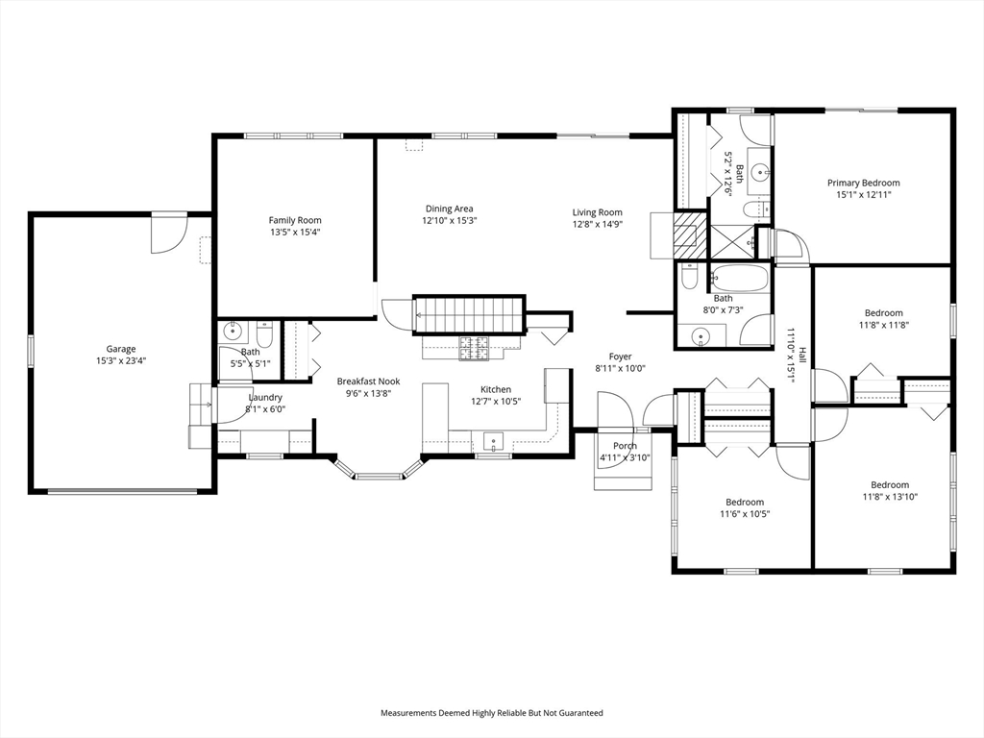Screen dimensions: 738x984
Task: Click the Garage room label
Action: tap(121, 349)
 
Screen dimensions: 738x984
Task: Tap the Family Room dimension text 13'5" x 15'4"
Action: tap(295, 233)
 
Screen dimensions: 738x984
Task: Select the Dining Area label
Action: tap(450, 209)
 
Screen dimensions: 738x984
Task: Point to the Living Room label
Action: tap(597, 212)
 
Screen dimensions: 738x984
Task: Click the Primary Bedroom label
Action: tap(863, 183)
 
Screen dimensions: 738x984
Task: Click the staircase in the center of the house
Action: tap(469, 314)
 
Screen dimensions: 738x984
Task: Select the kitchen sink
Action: tap(494, 442)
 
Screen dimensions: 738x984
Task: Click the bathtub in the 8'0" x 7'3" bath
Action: tap(739, 280)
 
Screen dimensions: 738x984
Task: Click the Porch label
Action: tap(625, 446)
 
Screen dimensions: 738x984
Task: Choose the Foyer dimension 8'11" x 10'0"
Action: tap(620, 368)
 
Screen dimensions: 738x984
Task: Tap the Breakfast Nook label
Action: tap(368, 381)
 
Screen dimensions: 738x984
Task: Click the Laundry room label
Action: tap(265, 397)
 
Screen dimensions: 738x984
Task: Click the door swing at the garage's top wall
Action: tap(169, 233)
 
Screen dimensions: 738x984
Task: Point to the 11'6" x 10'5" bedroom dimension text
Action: tap(745, 514)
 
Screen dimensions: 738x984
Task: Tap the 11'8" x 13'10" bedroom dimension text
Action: tap(889, 497)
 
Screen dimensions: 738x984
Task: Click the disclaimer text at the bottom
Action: tap(492, 713)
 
